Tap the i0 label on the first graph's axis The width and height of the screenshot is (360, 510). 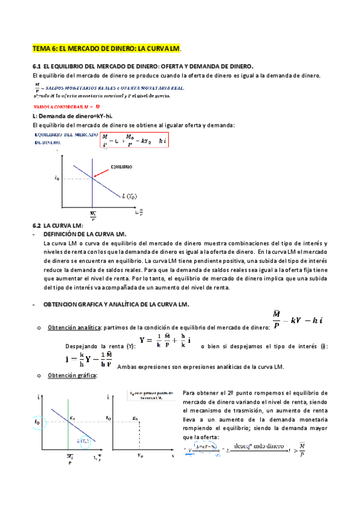(x=56, y=178)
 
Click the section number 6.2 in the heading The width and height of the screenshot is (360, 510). (x=36, y=224)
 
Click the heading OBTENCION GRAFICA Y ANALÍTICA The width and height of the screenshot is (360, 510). (x=117, y=305)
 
